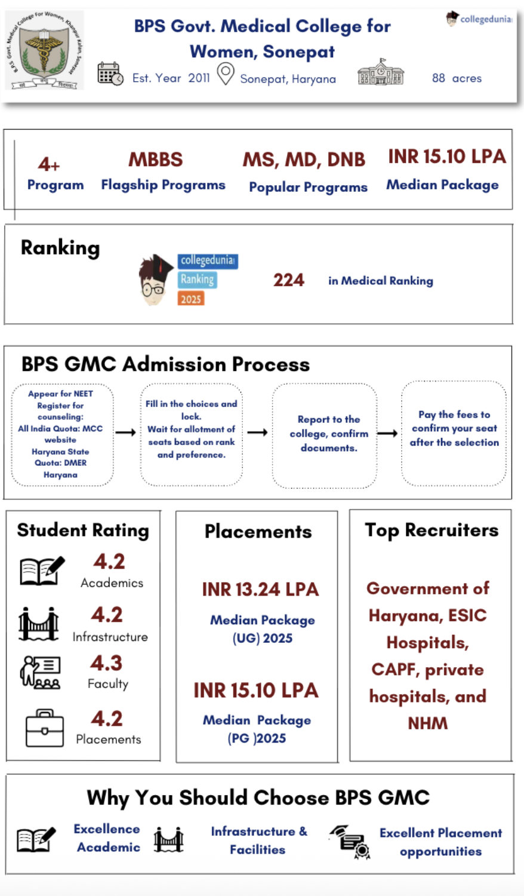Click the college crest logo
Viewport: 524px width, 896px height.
pos(44,50)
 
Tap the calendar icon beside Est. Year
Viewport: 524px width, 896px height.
pos(110,73)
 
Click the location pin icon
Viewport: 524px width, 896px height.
pos(225,74)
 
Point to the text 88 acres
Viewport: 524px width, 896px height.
pos(457,78)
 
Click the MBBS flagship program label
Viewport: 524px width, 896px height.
pos(156,159)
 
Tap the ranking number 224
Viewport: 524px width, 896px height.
pos(289,280)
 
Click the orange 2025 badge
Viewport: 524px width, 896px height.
pos(191,299)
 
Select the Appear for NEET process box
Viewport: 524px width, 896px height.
pos(61,434)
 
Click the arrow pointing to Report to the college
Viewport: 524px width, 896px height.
pos(257,432)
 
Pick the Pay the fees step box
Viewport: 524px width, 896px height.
pos(454,433)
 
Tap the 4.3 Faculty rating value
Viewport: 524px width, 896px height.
pos(106,663)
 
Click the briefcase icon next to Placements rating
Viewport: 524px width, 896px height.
pos(44,729)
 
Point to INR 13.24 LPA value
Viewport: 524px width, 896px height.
pos(260,590)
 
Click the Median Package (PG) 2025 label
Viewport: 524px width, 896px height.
pos(257,729)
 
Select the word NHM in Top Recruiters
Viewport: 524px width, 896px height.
pos(427,723)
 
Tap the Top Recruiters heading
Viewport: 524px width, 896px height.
pos(431,530)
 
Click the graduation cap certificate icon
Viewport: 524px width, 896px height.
pos(350,841)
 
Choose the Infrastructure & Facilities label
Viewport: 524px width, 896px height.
pos(258,840)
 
